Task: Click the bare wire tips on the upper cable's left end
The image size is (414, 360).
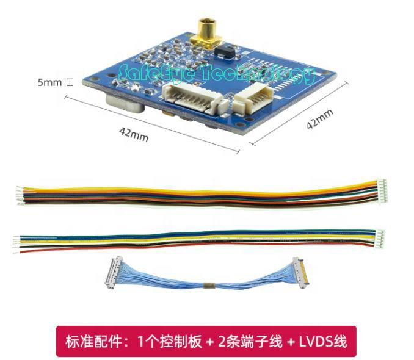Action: tap(21, 196)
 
